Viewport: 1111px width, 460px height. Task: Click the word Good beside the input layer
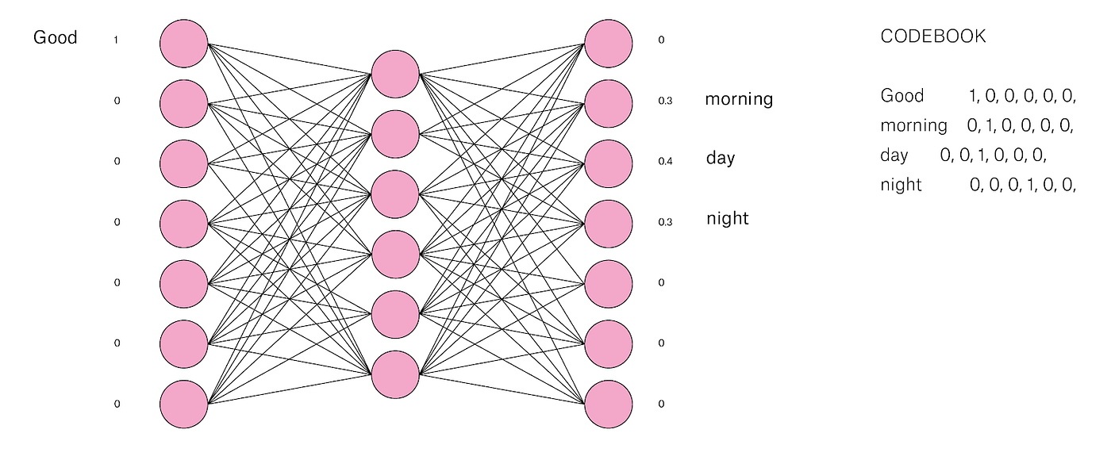tap(56, 38)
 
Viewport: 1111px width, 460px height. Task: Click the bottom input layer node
tap(184, 404)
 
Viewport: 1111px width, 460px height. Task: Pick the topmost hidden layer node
tap(394, 75)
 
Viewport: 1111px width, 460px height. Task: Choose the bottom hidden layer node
tap(394, 374)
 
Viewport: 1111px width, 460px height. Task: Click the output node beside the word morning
tap(609, 102)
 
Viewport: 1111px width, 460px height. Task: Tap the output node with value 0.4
tap(609, 163)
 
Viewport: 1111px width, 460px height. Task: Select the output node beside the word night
tap(609, 223)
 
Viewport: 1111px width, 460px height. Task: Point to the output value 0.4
tap(665, 162)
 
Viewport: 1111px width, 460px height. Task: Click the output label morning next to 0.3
tap(739, 99)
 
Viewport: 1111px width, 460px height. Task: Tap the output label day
tap(721, 159)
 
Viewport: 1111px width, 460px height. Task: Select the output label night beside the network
tap(728, 218)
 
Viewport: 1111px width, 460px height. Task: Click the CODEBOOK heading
tap(933, 36)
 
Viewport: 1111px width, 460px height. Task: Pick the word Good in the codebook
tap(902, 96)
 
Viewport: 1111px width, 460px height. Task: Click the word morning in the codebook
tap(913, 125)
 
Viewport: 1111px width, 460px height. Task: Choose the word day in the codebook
tap(894, 155)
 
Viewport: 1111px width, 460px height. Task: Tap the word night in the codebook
tap(901, 185)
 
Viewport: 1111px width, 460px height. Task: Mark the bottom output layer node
tap(609, 404)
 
